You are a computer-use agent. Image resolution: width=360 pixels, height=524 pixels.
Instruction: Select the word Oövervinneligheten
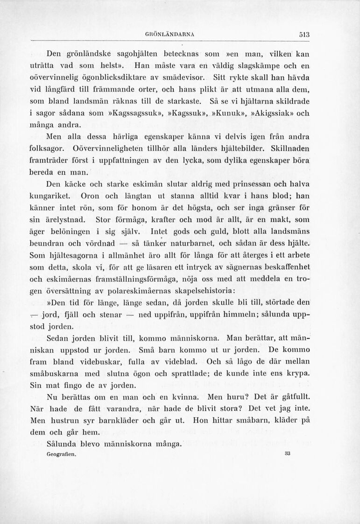pyautogui.click(x=110, y=149)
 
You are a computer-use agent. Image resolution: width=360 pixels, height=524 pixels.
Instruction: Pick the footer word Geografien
pyautogui.click(x=61, y=453)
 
